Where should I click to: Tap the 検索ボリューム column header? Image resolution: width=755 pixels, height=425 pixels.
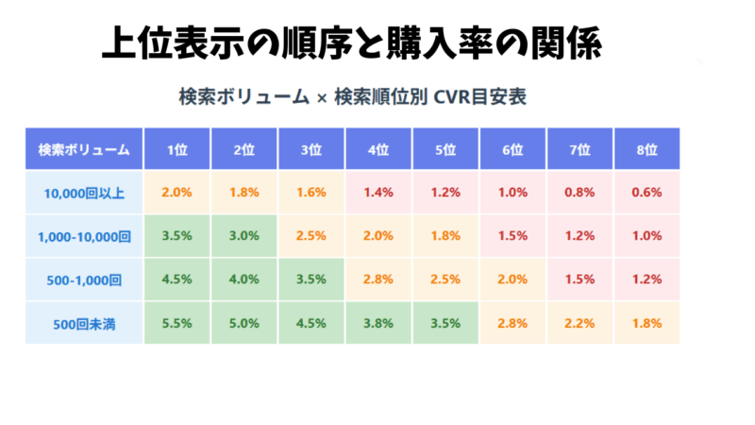point(84,149)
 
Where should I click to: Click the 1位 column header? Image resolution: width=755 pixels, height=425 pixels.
point(177,149)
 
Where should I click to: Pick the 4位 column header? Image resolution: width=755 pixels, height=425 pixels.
point(378,149)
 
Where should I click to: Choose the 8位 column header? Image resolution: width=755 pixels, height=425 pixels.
point(646,149)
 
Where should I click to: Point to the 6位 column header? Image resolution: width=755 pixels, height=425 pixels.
point(512,149)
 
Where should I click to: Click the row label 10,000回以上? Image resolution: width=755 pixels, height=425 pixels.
point(84,193)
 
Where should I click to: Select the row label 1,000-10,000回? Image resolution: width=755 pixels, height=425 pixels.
point(84,236)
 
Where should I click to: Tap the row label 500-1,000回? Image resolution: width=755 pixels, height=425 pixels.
point(84,280)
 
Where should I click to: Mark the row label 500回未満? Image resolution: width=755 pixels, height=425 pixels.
point(84,323)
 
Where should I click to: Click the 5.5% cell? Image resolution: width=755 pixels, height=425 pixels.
point(177,323)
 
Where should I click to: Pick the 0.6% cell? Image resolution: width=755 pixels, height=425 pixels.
point(646,193)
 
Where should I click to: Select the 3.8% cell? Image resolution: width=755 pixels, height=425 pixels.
point(378,323)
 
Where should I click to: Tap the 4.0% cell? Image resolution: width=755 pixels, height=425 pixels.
point(244,280)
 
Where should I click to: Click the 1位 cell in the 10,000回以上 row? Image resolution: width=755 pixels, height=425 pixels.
point(177,193)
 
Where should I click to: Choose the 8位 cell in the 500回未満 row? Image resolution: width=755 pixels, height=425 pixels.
point(646,323)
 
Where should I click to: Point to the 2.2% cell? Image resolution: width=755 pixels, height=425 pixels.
point(579,323)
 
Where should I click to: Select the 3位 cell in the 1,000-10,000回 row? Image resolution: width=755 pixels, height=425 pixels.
point(311,236)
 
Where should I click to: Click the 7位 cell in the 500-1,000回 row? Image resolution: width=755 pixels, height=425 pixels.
point(579,280)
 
